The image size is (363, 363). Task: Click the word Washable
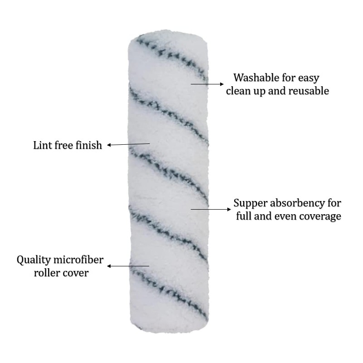point(253,78)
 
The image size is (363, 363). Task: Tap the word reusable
point(309,91)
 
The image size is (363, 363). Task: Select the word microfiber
point(78,260)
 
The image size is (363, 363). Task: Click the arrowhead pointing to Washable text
point(222,84)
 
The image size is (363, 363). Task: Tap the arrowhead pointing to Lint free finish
point(109,145)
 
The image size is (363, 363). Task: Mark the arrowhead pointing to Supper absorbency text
point(229,209)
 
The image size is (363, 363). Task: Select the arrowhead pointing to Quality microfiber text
point(109,266)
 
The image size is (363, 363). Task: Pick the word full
point(244,216)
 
